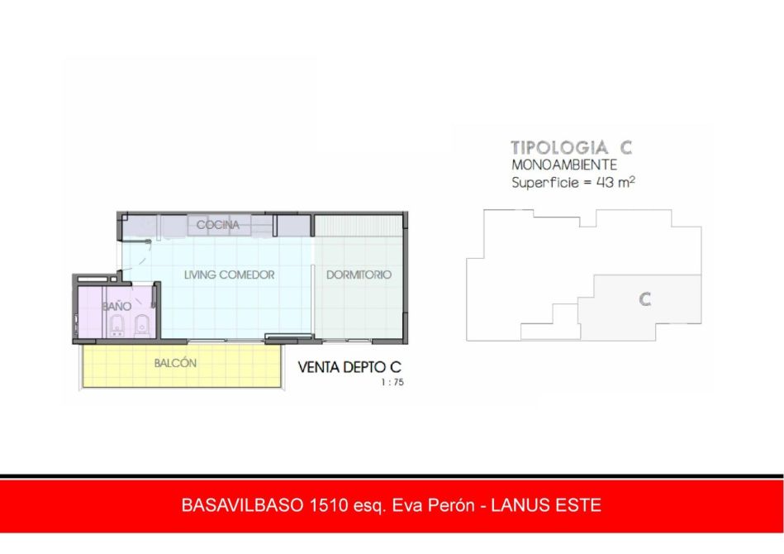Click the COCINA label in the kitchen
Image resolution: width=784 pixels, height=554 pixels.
[x=217, y=225]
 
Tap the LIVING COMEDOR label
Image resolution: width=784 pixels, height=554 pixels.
[x=229, y=275]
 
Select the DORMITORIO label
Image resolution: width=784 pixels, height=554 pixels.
[x=359, y=275]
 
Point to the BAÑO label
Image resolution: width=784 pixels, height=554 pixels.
[x=116, y=306]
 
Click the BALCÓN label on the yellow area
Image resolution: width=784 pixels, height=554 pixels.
[x=175, y=363]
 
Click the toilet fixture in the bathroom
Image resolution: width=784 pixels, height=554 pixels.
[x=142, y=325]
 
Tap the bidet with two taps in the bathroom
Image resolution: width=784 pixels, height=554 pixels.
[x=117, y=325]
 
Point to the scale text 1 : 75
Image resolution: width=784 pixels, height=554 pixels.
[x=392, y=382]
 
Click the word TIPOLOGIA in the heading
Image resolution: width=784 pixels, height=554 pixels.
[x=559, y=148]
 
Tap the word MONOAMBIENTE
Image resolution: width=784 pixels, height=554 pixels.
[x=564, y=165]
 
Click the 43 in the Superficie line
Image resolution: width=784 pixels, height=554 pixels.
[x=605, y=182]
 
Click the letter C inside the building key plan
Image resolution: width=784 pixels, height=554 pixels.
[x=645, y=299]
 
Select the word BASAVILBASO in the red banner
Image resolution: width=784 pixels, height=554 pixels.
[x=243, y=505]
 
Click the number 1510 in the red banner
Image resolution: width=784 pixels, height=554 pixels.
[x=329, y=505]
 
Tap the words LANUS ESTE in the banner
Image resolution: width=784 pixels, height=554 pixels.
[x=546, y=505]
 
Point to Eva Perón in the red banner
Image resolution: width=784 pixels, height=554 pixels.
[x=433, y=505]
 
